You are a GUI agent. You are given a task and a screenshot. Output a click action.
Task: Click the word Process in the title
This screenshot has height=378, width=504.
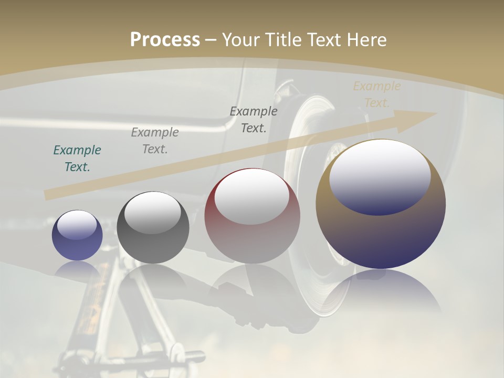tap(165, 40)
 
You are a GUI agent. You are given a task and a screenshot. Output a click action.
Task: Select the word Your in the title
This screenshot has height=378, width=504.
tap(241, 40)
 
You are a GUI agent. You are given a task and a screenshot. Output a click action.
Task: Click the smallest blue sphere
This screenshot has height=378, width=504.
tap(77, 236)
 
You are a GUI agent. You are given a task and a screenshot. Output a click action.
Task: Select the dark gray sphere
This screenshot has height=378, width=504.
tap(153, 227)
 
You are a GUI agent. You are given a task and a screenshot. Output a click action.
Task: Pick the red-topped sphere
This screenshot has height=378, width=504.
tap(252, 216)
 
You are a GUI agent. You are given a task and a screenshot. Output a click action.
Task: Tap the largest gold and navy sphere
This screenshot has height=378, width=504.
tap(381, 204)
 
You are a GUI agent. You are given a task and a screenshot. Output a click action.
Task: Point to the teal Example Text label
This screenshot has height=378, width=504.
tap(77, 159)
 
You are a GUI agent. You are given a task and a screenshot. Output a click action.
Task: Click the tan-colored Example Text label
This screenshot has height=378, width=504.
tap(376, 94)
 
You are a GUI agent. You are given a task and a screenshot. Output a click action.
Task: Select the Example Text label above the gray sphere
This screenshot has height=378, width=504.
tap(155, 141)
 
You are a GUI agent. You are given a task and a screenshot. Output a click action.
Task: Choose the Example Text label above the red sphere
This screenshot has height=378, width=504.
tap(254, 120)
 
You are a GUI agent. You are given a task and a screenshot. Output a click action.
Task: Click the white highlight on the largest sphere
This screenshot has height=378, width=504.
tap(380, 176)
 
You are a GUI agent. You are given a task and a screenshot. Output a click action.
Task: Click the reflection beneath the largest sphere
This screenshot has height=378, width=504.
tap(381, 294)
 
